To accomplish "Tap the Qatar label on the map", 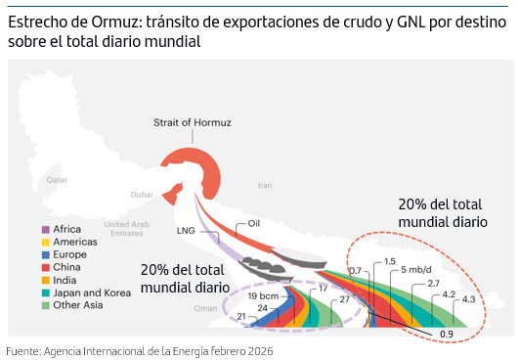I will pos(58,181).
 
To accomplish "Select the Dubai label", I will pos(142,193).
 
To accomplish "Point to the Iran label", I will pos(265,185).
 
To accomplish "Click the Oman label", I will pos(204,307).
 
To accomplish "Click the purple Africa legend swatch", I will pos(44,230).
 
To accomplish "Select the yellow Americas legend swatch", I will pos(44,242).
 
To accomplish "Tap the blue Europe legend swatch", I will pos(44,254).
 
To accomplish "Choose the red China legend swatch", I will pos(44,266).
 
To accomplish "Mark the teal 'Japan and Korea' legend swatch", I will pos(44,292).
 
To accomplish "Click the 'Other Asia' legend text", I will pos(79,304).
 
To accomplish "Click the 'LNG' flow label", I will pos(186,231).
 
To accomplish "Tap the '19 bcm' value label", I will pos(265,295).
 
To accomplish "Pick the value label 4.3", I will pos(468,299).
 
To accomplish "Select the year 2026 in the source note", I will pos(256,350).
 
